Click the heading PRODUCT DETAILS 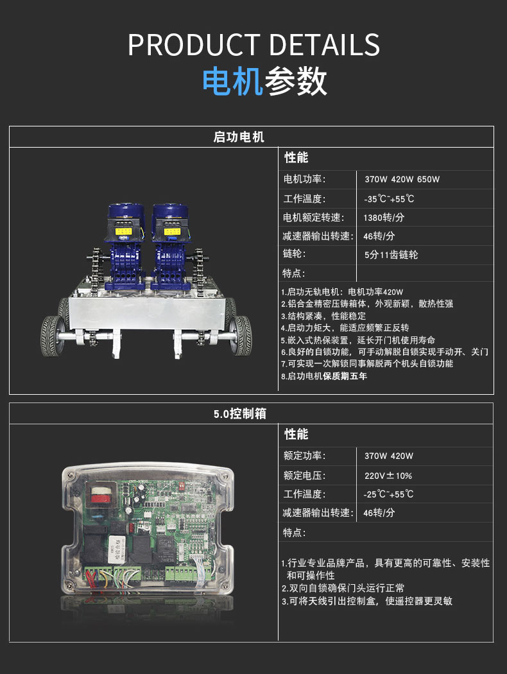[253, 45]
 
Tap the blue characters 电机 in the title [232, 81]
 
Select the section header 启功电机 [239, 137]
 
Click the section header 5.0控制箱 [240, 414]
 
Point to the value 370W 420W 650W [402, 179]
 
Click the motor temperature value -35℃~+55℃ [389, 199]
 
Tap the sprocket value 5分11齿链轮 [391, 254]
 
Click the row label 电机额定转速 [313, 218]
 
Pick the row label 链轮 [295, 254]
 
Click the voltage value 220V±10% [388, 476]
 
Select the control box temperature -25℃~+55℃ [388, 494]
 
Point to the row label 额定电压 [304, 476]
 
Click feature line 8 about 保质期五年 [324, 376]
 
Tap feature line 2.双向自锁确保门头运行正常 [343, 588]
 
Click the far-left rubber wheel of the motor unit [51, 336]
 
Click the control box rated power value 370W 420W [389, 456]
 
